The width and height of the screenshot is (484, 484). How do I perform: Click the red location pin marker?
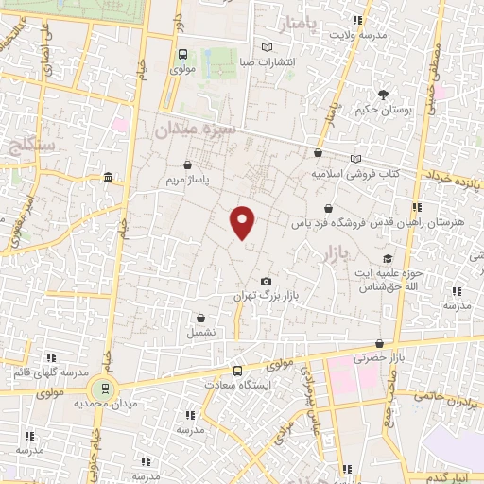[x=243, y=221]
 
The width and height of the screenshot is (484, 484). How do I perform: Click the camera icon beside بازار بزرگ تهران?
[x=266, y=282]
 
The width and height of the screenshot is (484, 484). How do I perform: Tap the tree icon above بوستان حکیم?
[x=382, y=95]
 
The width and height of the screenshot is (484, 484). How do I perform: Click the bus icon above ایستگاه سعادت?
[x=237, y=372]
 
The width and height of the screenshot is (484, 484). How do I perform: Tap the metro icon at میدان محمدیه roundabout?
[x=104, y=387]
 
